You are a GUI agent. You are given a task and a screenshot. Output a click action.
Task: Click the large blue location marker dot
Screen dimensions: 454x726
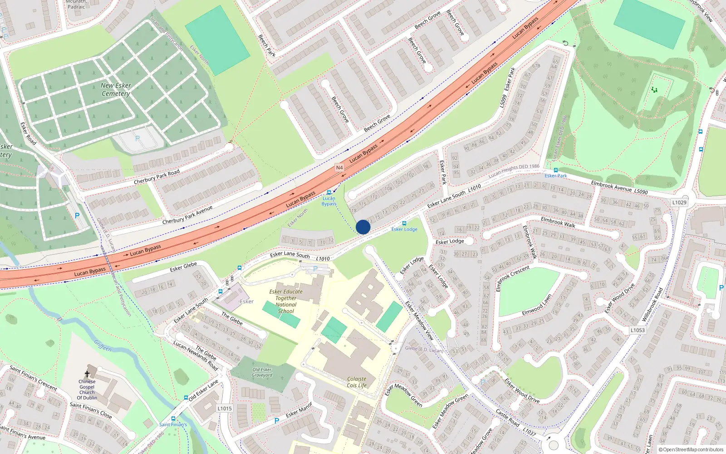click(x=363, y=227)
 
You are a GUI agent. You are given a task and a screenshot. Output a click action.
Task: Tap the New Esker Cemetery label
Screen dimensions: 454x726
click(x=116, y=89)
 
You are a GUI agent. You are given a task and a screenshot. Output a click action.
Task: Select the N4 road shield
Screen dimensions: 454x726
click(x=339, y=168)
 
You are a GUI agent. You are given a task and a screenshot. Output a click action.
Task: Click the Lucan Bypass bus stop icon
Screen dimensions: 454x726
click(x=329, y=192)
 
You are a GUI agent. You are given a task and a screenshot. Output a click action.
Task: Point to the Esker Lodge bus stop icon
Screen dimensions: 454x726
click(x=404, y=223)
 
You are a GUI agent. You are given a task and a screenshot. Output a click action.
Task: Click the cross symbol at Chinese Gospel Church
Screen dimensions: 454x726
click(x=87, y=375)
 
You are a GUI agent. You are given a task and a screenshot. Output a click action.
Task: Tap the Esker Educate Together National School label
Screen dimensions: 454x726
click(x=286, y=301)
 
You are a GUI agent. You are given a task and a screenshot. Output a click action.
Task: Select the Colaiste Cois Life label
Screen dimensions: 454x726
click(x=357, y=382)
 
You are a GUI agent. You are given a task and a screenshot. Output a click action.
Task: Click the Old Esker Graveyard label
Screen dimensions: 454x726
click(x=262, y=372)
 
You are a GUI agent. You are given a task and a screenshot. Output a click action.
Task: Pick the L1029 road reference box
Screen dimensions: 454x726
click(x=679, y=202)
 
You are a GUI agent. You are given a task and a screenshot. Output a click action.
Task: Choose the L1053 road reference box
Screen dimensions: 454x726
click(x=637, y=330)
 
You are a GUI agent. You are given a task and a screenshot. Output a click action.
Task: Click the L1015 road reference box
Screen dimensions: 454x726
click(x=225, y=409)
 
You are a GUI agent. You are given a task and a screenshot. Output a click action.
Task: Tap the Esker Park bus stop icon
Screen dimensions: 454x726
click(x=555, y=170)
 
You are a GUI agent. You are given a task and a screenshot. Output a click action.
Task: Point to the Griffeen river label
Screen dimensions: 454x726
click(x=103, y=345)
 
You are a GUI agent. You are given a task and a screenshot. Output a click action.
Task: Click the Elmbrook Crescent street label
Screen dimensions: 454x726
click(x=513, y=279)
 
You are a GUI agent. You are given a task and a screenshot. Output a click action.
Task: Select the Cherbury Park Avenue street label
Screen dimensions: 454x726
click(x=187, y=215)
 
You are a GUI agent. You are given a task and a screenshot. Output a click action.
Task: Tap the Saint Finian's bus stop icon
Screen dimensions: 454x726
click(x=173, y=419)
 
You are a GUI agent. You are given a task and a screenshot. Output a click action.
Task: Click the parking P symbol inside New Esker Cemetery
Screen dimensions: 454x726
click(x=137, y=138)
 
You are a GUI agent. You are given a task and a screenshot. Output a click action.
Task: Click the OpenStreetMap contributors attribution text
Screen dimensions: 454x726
click(x=691, y=449)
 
